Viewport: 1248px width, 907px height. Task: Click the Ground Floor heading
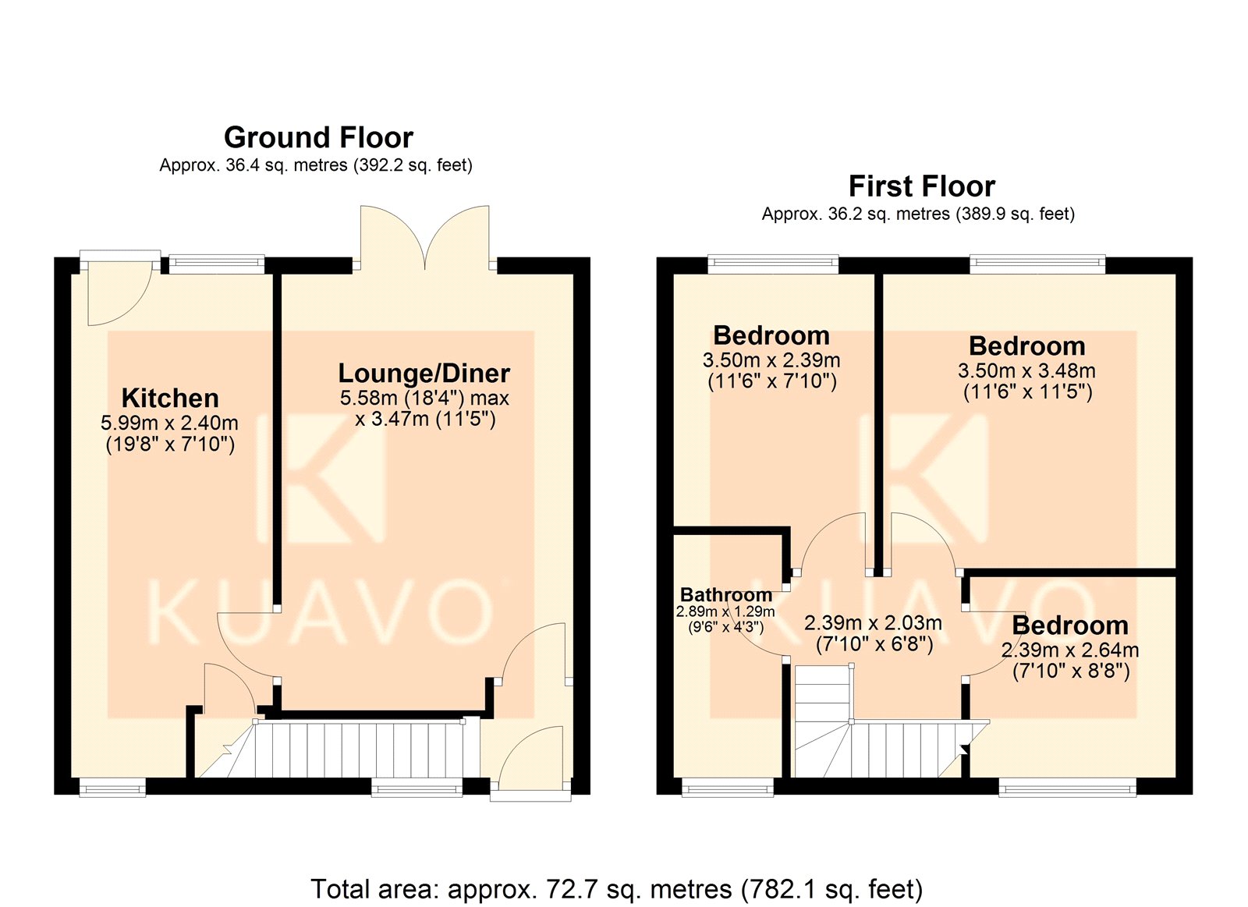tap(318, 137)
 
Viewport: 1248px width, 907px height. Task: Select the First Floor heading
tap(921, 186)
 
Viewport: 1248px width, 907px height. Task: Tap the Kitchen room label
tap(170, 399)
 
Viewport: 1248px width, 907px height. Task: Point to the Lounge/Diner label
tap(424, 374)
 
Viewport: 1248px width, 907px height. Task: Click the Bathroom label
tap(726, 594)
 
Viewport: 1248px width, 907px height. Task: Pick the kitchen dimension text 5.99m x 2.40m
tap(169, 423)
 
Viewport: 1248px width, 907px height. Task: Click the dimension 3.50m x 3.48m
tap(1026, 370)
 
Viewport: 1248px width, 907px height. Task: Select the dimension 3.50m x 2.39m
tap(771, 360)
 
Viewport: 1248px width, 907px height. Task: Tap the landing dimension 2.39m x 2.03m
tap(873, 622)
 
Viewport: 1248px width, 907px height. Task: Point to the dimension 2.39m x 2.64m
tap(1070, 650)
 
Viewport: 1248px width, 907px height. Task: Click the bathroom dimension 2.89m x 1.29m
tap(725, 611)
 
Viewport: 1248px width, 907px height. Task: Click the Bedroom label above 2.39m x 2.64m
tap(1070, 625)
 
